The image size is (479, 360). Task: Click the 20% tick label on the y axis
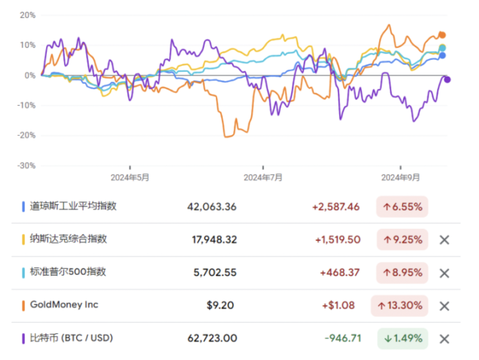[x=27, y=15]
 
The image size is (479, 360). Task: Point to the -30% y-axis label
[x=26, y=166]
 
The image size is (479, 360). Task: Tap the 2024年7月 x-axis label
[x=263, y=178]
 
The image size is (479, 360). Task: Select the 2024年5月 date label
[x=130, y=178]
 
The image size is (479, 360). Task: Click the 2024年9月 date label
[x=401, y=178]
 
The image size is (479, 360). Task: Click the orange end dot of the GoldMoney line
[x=443, y=35]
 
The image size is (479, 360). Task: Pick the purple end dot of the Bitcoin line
[x=447, y=79]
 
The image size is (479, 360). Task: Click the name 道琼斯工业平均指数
[x=73, y=206]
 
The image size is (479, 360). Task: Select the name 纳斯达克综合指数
[x=69, y=239]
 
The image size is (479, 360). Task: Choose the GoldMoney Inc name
[x=64, y=305]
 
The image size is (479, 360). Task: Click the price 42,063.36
[x=212, y=207]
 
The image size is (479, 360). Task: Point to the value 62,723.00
[x=212, y=338]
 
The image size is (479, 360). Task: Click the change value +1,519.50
[x=338, y=240]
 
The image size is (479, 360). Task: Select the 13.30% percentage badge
[x=400, y=306]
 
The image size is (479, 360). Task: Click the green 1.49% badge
[x=402, y=338]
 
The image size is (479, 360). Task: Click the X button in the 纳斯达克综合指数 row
[x=444, y=240]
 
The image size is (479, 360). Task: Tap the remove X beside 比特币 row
[x=444, y=339]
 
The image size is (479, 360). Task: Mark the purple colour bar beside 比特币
[x=23, y=338]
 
